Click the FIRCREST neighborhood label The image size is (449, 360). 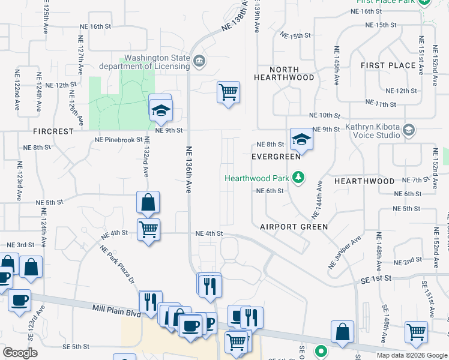(55, 131)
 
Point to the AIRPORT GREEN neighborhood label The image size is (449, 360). (294, 227)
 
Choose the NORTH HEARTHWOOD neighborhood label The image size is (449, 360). (284, 74)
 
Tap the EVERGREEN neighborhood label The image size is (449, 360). (276, 157)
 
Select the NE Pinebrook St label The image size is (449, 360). (119, 140)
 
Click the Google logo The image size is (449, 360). (20, 353)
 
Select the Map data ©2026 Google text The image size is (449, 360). (412, 355)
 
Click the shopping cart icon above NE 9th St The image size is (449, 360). (228, 92)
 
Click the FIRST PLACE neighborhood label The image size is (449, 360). (388, 65)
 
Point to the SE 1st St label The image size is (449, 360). (376, 278)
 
